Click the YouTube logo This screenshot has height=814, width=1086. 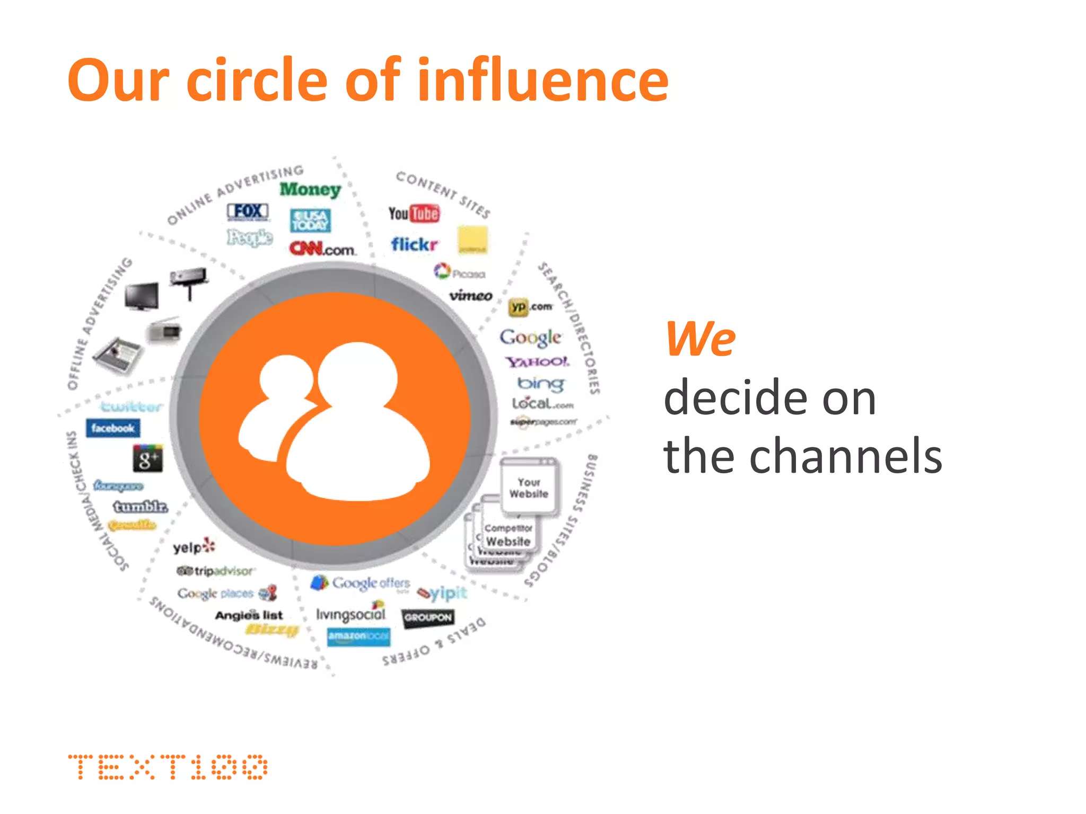[x=414, y=214]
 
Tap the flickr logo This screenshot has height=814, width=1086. [x=414, y=244]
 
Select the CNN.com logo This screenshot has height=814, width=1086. [x=322, y=249]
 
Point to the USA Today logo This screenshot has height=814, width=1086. [x=310, y=220]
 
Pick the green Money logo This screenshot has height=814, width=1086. [x=310, y=189]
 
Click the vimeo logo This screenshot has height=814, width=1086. [x=470, y=296]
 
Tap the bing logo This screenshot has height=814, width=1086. [x=540, y=383]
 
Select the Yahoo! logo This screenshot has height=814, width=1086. [x=537, y=362]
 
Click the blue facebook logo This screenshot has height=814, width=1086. [x=112, y=428]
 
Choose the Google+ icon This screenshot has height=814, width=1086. [x=147, y=459]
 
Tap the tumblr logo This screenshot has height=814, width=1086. [x=141, y=507]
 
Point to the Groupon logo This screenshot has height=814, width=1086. [x=427, y=617]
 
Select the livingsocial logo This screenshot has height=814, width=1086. [x=351, y=614]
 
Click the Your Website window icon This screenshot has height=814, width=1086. [x=529, y=486]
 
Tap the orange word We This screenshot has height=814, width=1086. [x=700, y=339]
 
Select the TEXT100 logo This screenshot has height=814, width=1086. [x=168, y=767]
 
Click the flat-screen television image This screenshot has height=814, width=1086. [x=142, y=296]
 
